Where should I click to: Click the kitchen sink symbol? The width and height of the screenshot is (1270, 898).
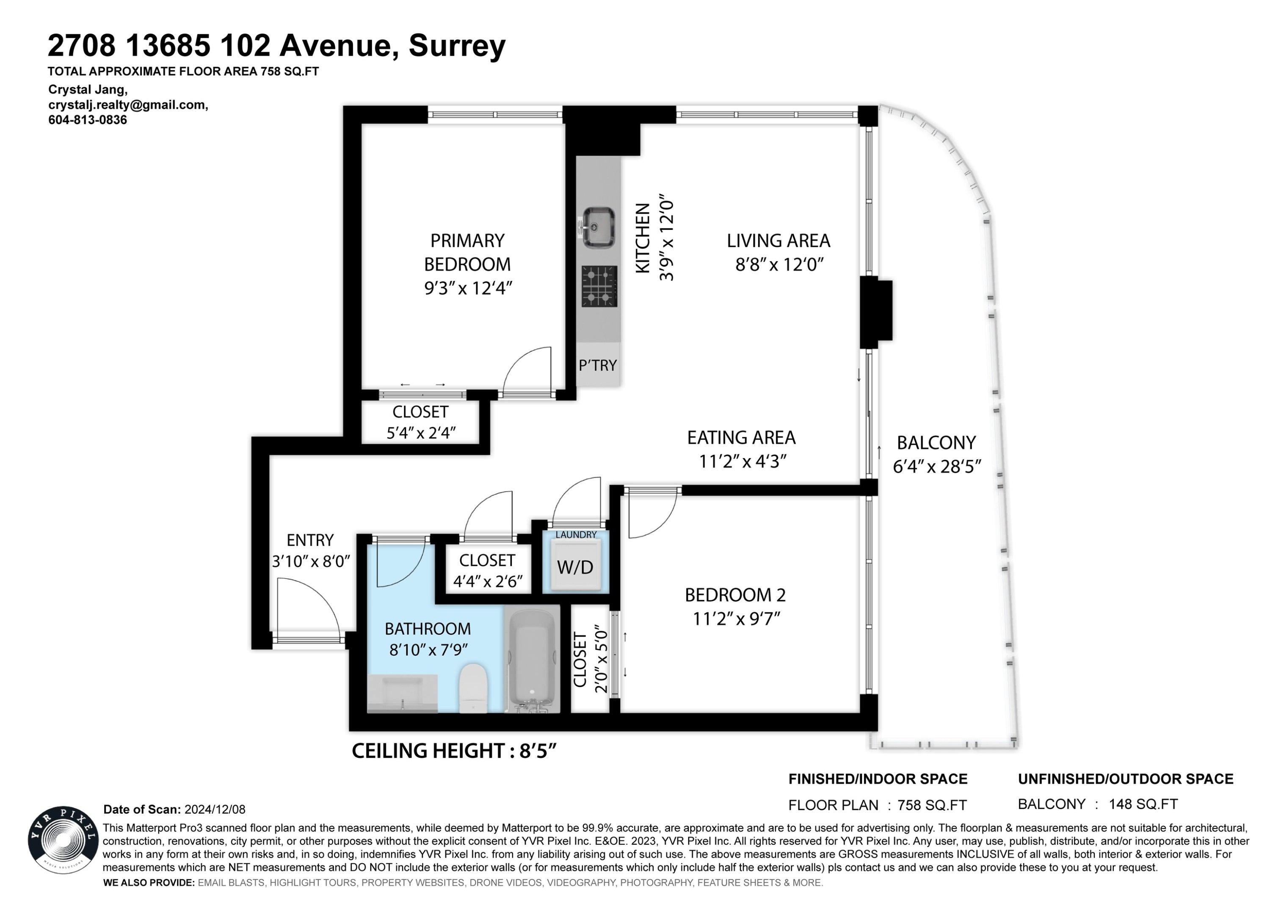[598, 227]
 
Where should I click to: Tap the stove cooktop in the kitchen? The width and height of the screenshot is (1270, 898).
[599, 286]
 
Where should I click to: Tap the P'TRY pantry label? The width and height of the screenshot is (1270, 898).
[597, 366]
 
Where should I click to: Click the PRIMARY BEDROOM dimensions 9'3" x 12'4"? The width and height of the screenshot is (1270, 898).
[468, 288]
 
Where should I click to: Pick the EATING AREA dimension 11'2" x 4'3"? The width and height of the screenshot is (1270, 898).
[742, 461]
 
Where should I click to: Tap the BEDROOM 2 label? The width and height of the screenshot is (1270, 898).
[735, 595]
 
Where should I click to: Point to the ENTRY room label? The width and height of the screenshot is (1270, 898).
[310, 540]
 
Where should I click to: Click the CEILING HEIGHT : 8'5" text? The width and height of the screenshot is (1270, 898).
[453, 751]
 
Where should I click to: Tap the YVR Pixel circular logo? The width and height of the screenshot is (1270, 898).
[63, 839]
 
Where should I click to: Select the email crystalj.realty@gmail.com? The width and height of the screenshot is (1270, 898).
[128, 105]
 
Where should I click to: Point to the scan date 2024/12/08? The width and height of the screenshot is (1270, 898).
[215, 810]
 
